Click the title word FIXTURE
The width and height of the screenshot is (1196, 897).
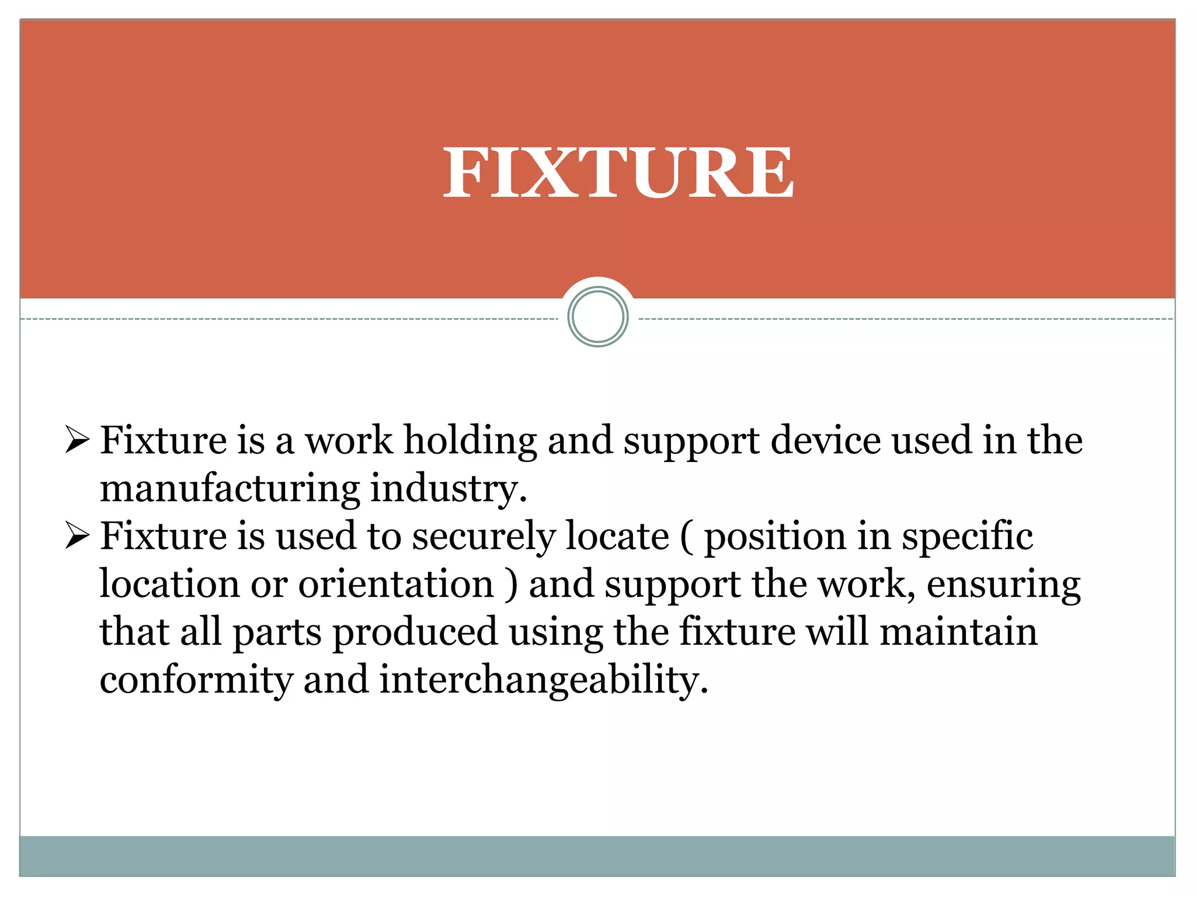[618, 173]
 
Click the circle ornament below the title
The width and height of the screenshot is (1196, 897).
[597, 317]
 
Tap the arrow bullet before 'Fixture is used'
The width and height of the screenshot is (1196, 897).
[77, 536]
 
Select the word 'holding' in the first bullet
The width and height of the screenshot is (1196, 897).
[470, 441]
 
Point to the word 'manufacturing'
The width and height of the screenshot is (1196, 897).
[230, 489]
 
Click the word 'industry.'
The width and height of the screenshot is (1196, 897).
[448, 489]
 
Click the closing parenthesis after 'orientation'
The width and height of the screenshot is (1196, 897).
[512, 585]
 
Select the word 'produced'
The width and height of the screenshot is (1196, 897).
[415, 632]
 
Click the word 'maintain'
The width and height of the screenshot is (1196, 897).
[958, 631]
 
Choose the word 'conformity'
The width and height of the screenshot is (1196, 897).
[196, 680]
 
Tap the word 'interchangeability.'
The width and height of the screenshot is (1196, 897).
[544, 680]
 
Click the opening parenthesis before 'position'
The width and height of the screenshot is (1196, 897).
[687, 537]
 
